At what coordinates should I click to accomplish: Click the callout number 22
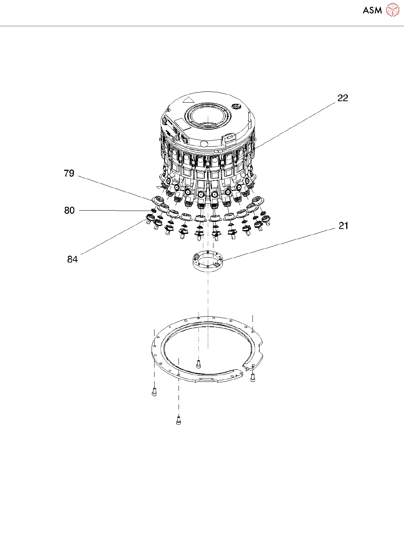[x=342, y=98]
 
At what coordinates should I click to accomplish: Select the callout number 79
[x=69, y=174]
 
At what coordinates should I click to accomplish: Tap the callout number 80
[x=69, y=211]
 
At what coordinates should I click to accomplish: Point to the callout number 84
[x=72, y=259]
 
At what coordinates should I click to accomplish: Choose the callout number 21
[x=343, y=226]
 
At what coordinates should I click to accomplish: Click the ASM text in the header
[x=372, y=10]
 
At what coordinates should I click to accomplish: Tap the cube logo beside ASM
[x=392, y=10]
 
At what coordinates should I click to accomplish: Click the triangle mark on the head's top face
[x=188, y=100]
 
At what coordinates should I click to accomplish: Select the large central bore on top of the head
[x=208, y=117]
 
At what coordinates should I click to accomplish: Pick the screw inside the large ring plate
[x=198, y=363]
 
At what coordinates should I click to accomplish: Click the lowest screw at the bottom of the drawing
[x=179, y=421]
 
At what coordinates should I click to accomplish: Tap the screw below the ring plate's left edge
[x=154, y=392]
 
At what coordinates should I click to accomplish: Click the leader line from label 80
[x=113, y=211]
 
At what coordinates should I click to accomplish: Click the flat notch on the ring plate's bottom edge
[x=209, y=380]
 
